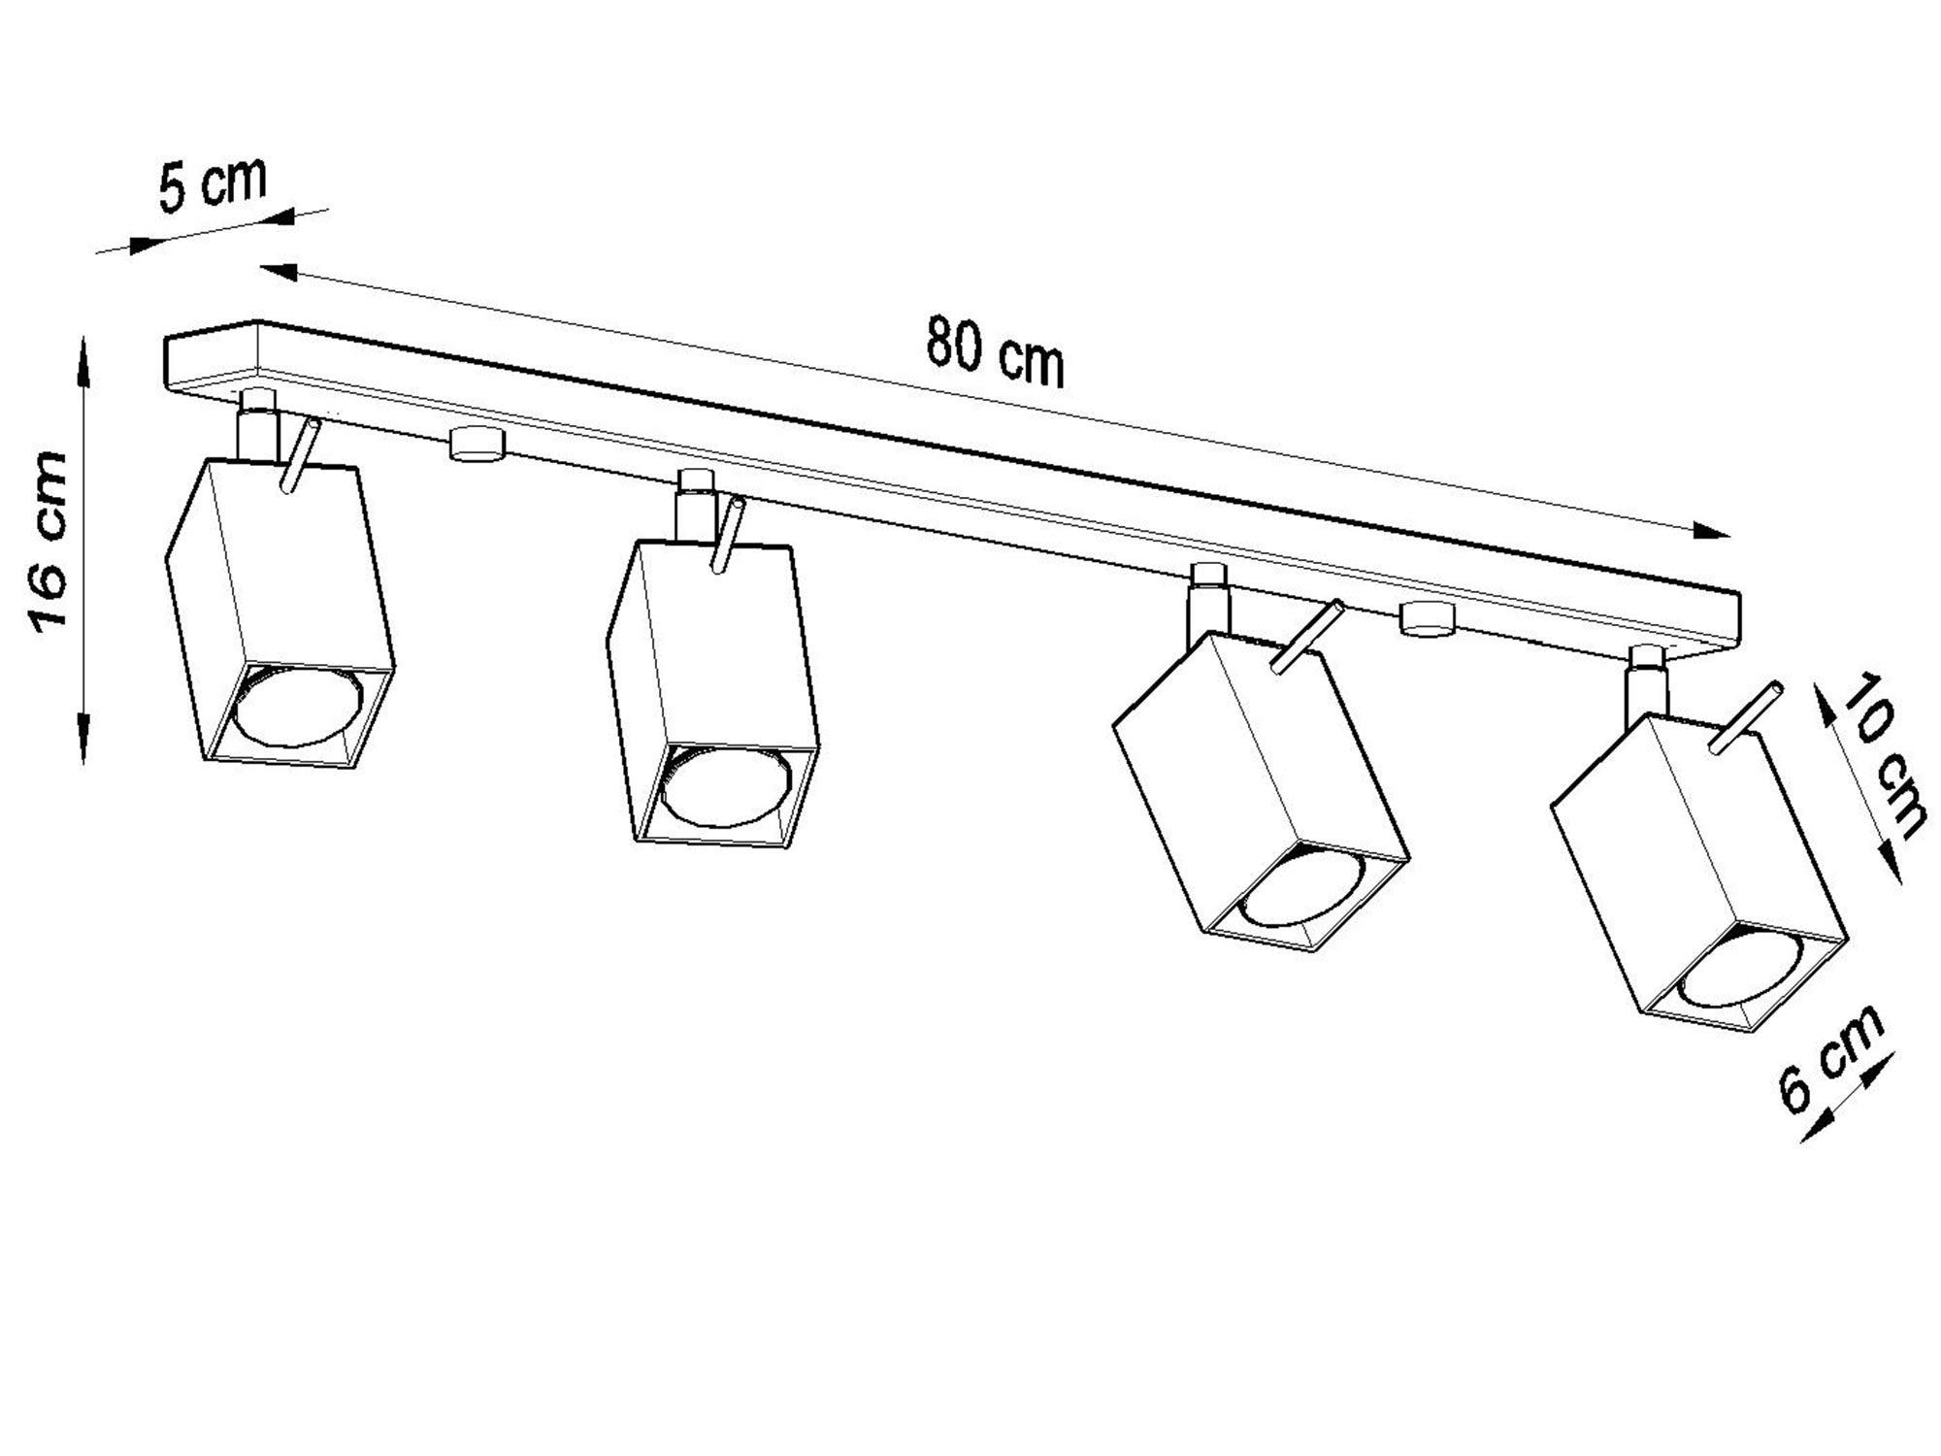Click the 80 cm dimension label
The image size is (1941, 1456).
(x=995, y=352)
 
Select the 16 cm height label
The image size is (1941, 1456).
(x=49, y=542)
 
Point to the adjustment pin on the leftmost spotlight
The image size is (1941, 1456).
(x=300, y=456)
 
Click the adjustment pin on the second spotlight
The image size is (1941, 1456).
(x=728, y=536)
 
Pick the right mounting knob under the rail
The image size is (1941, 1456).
(x=1426, y=618)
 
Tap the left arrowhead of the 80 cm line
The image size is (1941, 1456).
(x=277, y=270)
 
